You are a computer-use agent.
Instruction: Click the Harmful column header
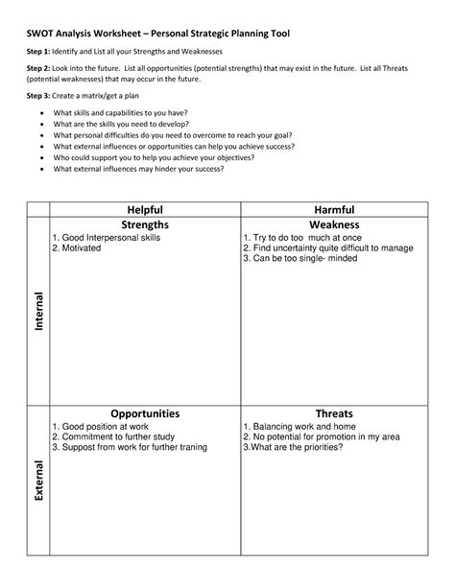[334, 209]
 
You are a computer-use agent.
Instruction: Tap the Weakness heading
[334, 223]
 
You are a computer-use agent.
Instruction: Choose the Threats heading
[334, 413]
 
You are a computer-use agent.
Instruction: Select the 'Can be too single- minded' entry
[308, 259]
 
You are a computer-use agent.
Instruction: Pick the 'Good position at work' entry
[100, 426]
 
